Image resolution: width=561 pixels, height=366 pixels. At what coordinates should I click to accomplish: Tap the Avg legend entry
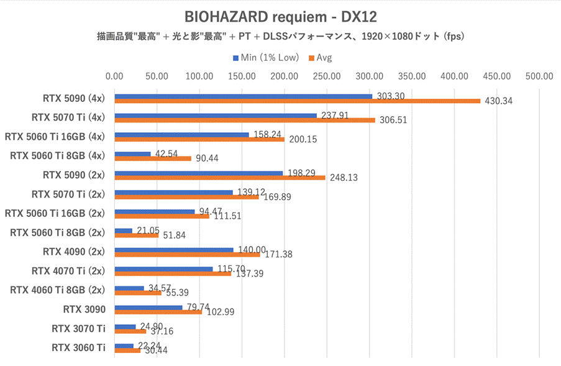[320, 58]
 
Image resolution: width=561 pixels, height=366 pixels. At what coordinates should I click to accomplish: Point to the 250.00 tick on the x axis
[327, 77]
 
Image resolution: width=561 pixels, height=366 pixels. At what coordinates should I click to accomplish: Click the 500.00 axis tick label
[539, 77]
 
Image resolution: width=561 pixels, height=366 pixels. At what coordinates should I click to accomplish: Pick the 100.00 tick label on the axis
[199, 77]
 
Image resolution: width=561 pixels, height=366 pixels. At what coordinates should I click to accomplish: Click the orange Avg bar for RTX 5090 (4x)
[297, 101]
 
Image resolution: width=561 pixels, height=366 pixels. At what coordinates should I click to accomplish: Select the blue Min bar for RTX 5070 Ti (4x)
[216, 116]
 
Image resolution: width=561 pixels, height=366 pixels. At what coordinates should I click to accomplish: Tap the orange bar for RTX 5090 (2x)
[220, 178]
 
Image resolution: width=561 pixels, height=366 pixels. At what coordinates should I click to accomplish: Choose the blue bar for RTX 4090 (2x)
[174, 250]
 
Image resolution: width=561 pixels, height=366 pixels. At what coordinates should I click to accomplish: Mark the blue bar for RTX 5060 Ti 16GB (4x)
[181, 135]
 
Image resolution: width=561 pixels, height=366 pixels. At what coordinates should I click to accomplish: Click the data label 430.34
[498, 101]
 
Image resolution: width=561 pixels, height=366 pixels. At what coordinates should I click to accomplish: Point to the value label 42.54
[167, 153]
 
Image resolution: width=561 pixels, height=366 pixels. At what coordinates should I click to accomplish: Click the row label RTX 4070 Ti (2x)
[68, 270]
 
